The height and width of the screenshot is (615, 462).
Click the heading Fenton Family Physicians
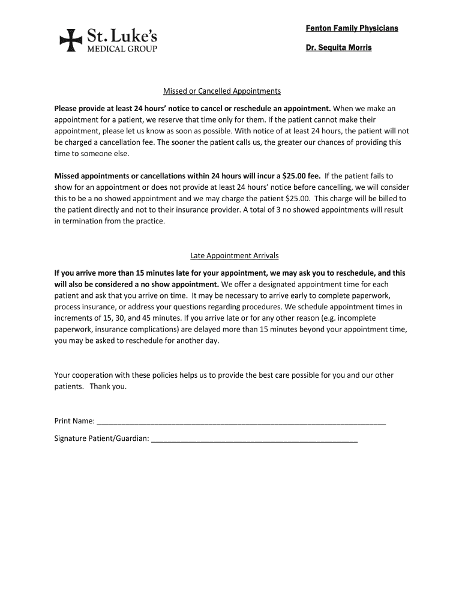click(352, 29)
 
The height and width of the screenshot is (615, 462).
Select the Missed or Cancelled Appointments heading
click(222, 91)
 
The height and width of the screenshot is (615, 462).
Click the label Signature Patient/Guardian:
click(102, 439)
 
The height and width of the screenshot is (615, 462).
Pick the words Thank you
click(109, 386)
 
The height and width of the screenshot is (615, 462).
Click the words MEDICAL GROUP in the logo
click(123, 49)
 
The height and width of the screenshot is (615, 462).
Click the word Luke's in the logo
click(133, 35)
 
